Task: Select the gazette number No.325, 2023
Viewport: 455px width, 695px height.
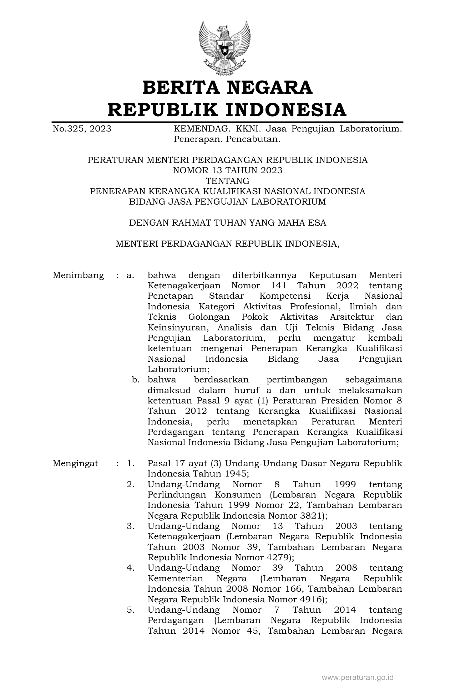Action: (82, 129)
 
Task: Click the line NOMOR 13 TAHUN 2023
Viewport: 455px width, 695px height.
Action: (227, 170)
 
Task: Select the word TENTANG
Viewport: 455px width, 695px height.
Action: (227, 181)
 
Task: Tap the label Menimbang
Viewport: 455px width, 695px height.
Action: (79, 275)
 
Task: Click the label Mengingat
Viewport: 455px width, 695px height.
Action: (75, 463)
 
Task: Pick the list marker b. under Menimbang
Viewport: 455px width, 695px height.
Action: (135, 380)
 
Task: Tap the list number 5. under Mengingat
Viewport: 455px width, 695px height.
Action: (131, 610)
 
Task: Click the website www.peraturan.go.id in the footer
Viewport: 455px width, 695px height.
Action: (358, 677)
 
